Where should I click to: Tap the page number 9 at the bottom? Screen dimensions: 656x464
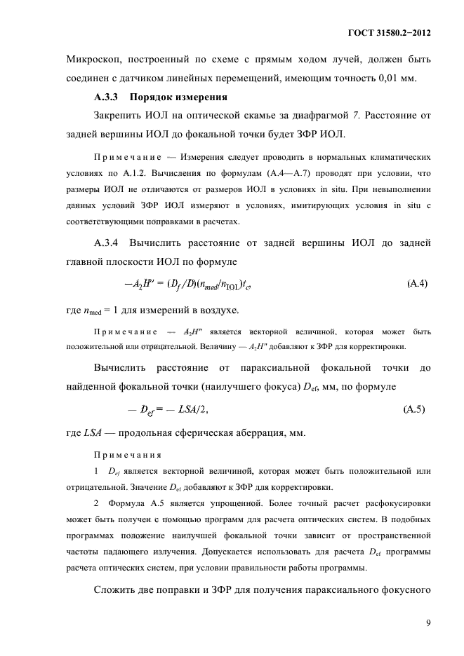[427, 622]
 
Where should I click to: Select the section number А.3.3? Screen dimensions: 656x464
[109, 97]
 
